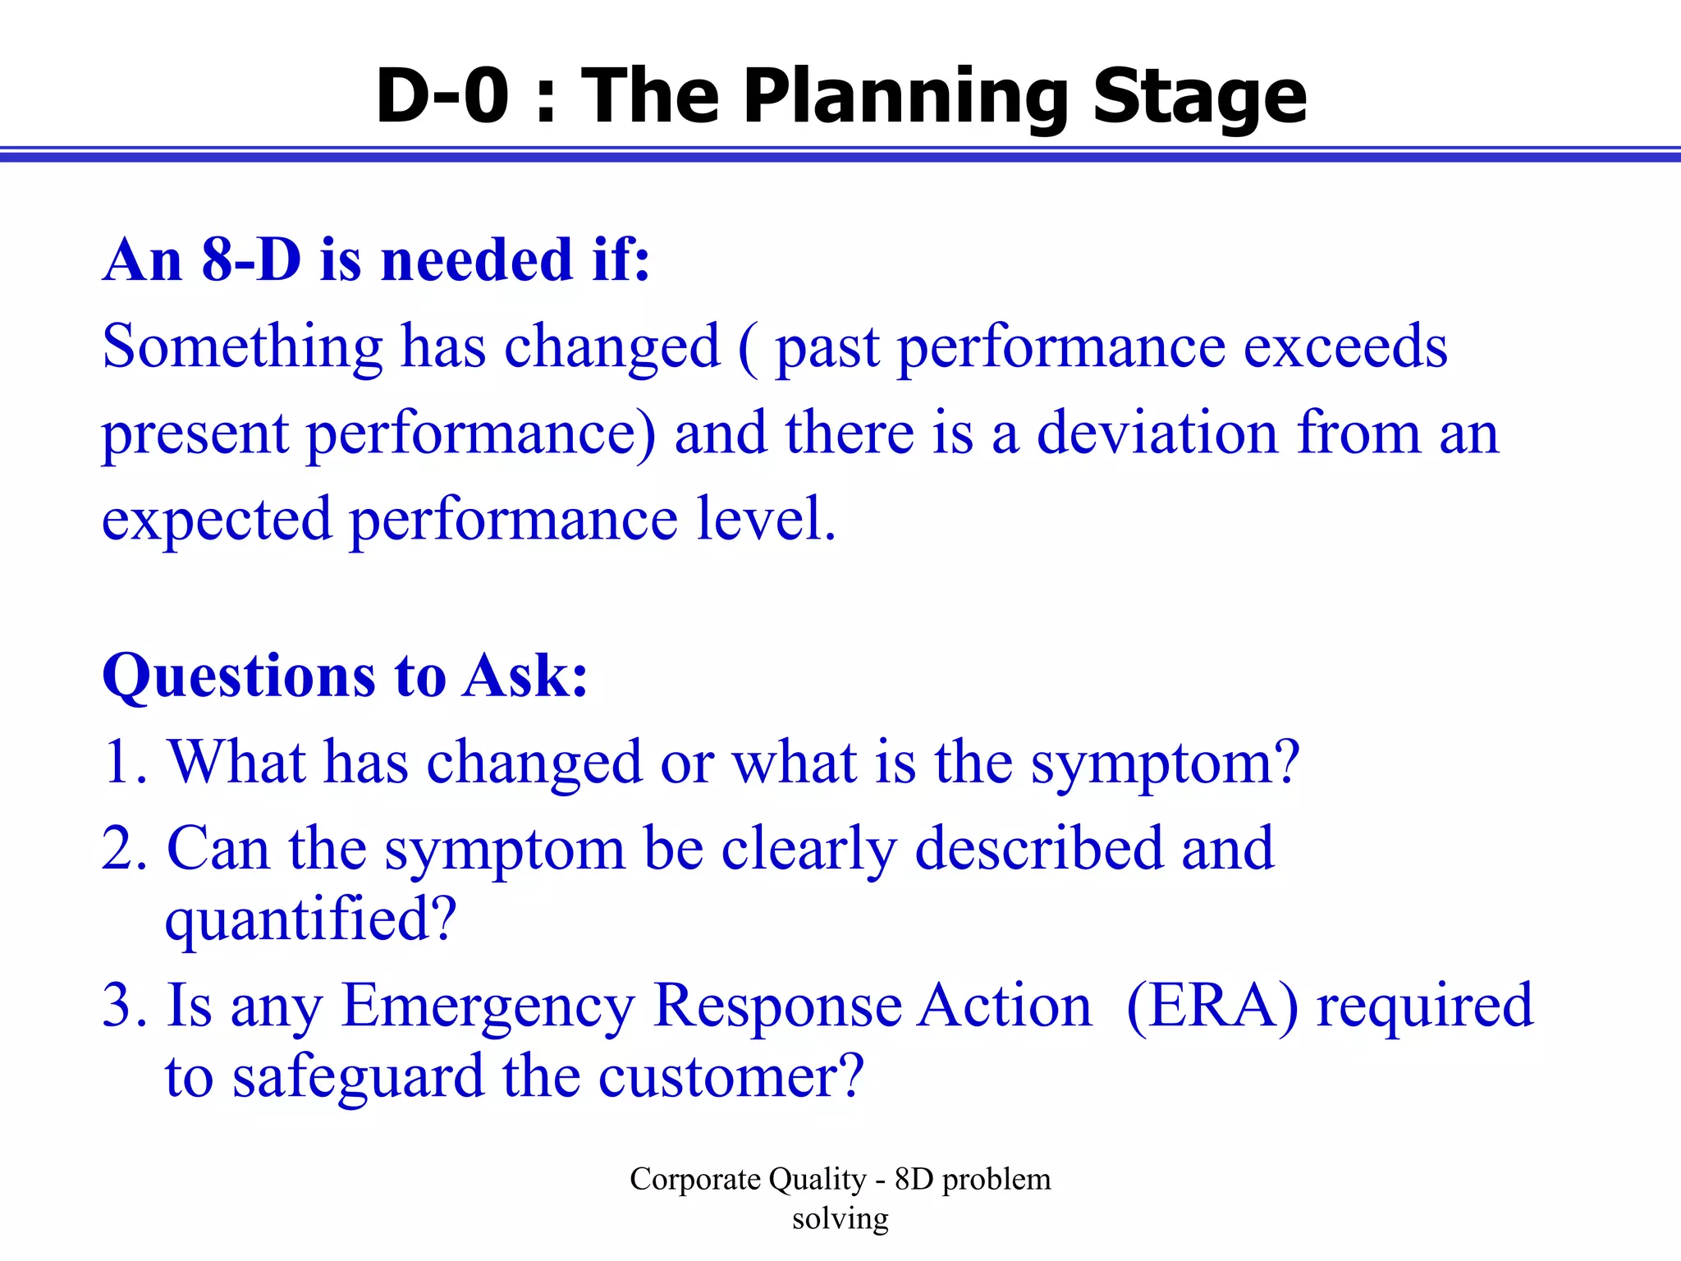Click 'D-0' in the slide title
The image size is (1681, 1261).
tap(442, 96)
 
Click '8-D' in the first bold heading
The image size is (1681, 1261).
tap(251, 259)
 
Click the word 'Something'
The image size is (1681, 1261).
tap(242, 346)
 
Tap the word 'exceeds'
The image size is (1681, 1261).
tap(1345, 346)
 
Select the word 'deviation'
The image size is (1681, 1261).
tap(1157, 433)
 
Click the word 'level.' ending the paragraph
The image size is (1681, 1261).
tap(766, 519)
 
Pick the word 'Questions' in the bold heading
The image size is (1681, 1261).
tap(239, 676)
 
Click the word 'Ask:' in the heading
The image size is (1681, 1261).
tap(525, 676)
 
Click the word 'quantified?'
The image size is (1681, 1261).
tap(310, 919)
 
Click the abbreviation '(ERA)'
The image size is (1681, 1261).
tap(1212, 1006)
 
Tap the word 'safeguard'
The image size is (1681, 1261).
tap(358, 1077)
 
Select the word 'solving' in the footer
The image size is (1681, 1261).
tap(840, 1218)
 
